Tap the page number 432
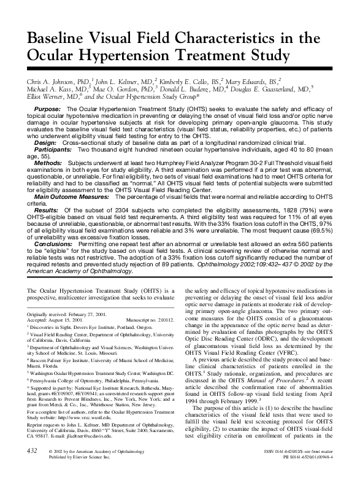(29, 468)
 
